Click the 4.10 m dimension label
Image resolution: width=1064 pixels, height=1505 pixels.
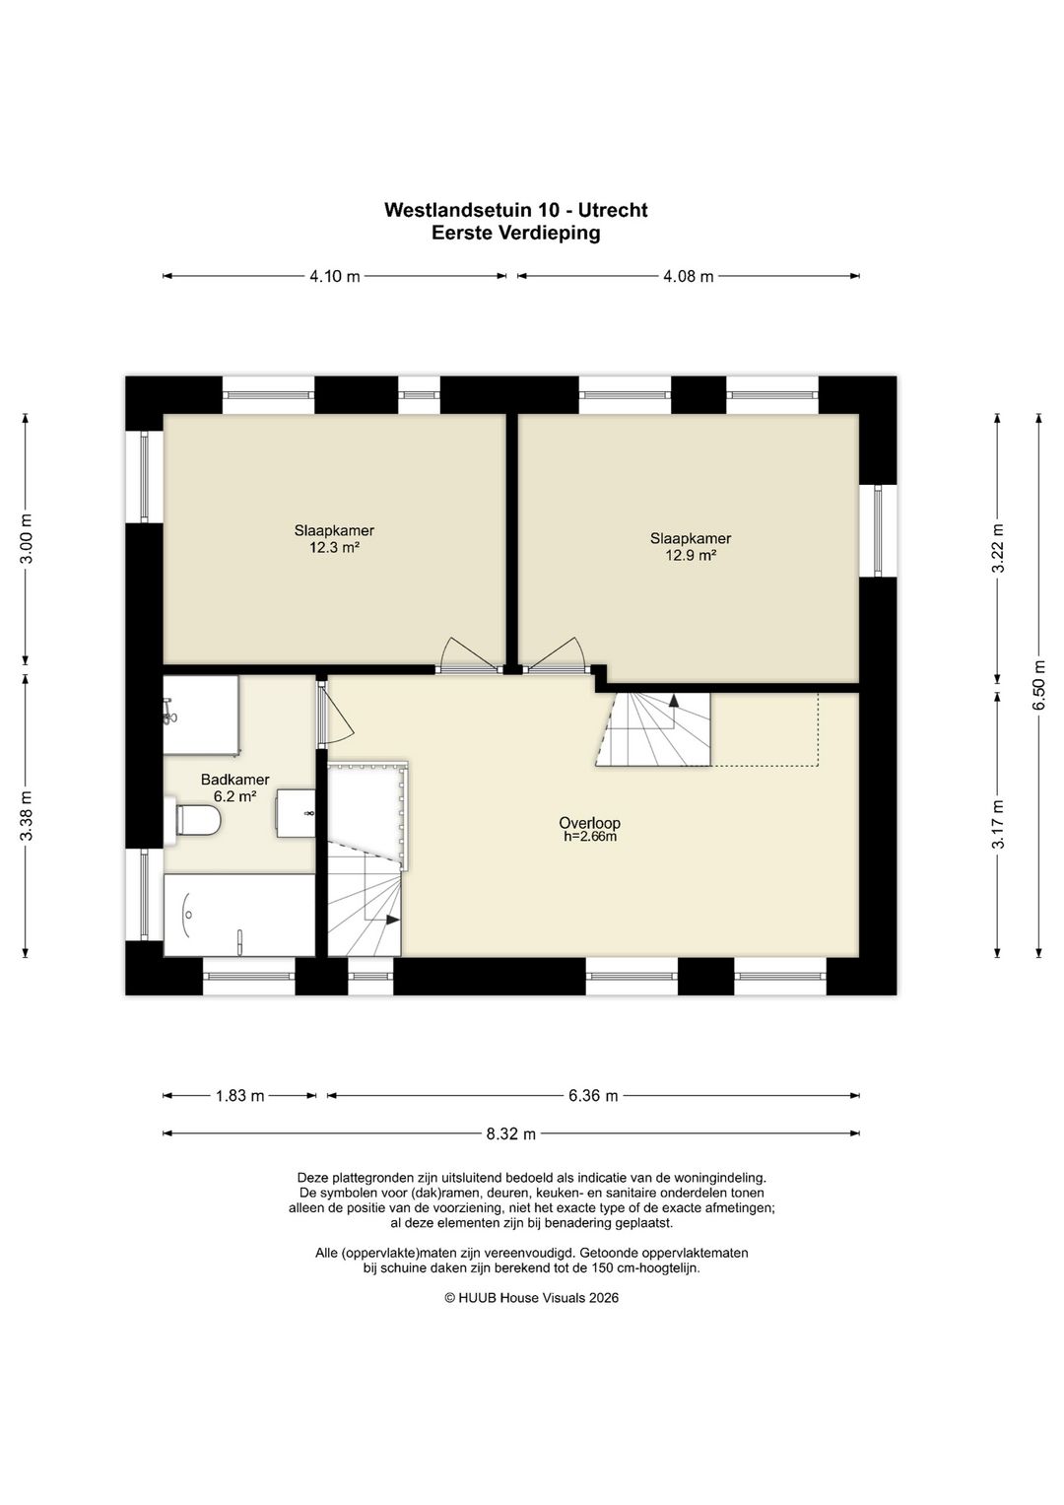click(x=335, y=276)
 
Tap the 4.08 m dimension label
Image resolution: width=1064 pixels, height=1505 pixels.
click(x=689, y=276)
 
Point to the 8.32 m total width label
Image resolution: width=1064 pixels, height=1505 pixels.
click(x=511, y=1134)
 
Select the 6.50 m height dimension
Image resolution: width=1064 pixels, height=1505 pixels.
click(x=1039, y=685)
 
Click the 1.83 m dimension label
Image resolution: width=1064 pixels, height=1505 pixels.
click(x=239, y=1097)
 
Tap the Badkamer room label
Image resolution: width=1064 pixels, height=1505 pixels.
click(x=235, y=780)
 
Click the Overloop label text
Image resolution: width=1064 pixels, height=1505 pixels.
click(x=590, y=822)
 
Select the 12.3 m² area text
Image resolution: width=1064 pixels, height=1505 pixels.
click(x=335, y=548)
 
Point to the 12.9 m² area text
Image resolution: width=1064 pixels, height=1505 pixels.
click(x=691, y=556)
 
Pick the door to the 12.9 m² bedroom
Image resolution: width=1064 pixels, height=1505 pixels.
click(x=557, y=656)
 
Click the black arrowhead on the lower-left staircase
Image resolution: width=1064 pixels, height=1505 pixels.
click(x=392, y=920)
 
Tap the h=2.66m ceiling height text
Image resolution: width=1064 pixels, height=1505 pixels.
click(x=590, y=837)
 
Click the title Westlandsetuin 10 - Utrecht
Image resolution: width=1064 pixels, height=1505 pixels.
click(x=516, y=210)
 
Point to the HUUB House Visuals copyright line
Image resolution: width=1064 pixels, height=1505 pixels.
click(x=531, y=1298)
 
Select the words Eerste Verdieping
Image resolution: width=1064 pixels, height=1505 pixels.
click(x=516, y=234)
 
